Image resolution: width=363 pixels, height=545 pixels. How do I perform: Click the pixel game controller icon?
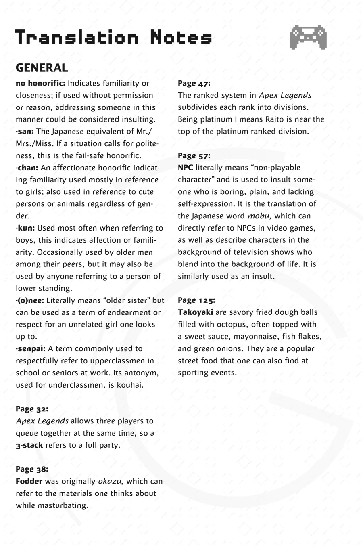pyautogui.click(x=308, y=37)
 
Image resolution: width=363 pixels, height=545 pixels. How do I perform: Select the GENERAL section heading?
pyautogui.click(x=42, y=68)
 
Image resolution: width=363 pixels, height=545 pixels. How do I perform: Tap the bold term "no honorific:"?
pyautogui.click(x=40, y=84)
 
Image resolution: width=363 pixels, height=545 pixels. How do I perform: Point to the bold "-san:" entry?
pyautogui.click(x=25, y=132)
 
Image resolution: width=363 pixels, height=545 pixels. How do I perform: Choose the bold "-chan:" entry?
pyautogui.click(x=27, y=168)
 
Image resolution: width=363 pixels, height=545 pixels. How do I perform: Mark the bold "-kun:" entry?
pyautogui.click(x=25, y=228)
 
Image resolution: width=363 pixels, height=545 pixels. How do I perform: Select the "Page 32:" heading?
pyautogui.click(x=32, y=409)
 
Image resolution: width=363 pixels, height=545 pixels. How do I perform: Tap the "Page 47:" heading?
pyautogui.click(x=194, y=84)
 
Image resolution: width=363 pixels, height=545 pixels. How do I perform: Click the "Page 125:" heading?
pyautogui.click(x=196, y=300)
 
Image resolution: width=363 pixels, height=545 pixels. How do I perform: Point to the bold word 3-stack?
pyautogui.click(x=29, y=445)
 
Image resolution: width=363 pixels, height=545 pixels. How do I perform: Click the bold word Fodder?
pyautogui.click(x=29, y=481)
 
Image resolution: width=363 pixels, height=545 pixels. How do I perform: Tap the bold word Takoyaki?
pyautogui.click(x=195, y=312)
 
